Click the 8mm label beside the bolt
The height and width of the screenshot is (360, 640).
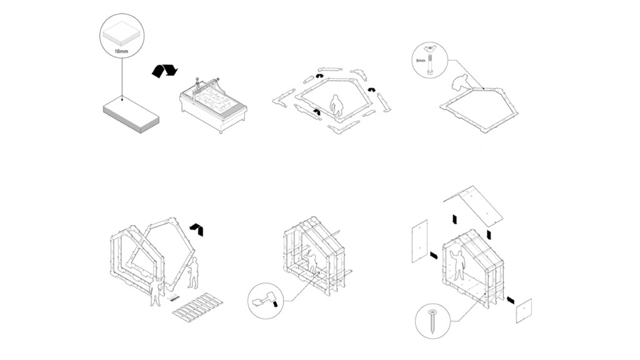pos(420,61)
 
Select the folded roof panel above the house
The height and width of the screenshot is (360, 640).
pos(475,203)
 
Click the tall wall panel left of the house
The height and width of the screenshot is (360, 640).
pos(419,241)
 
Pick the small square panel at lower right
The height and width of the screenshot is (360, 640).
pos(523,311)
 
